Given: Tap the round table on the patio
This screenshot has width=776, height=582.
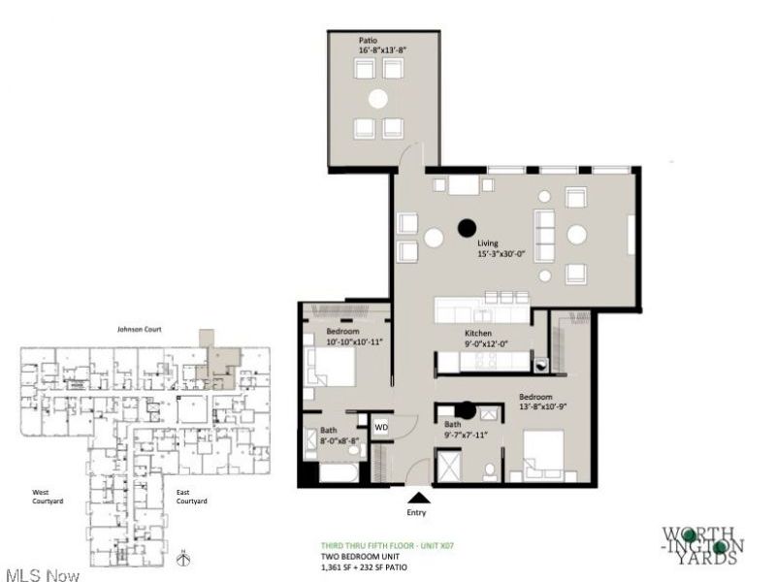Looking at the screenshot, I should (x=378, y=98).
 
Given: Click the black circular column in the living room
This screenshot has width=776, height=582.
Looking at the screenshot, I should (x=467, y=228).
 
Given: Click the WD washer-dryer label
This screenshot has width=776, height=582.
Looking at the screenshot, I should (x=381, y=426).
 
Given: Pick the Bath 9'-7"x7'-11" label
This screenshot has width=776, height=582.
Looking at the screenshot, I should (x=465, y=430).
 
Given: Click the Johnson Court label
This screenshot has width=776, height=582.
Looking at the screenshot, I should (x=140, y=330).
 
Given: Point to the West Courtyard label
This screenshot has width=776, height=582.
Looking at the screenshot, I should (x=48, y=498).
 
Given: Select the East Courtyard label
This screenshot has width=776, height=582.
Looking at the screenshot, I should (x=192, y=498).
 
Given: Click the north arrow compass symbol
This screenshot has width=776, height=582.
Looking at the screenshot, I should (x=183, y=558).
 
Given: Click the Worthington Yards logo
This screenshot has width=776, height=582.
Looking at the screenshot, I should (x=703, y=545).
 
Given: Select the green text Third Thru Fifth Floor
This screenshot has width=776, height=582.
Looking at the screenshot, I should (x=388, y=546).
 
